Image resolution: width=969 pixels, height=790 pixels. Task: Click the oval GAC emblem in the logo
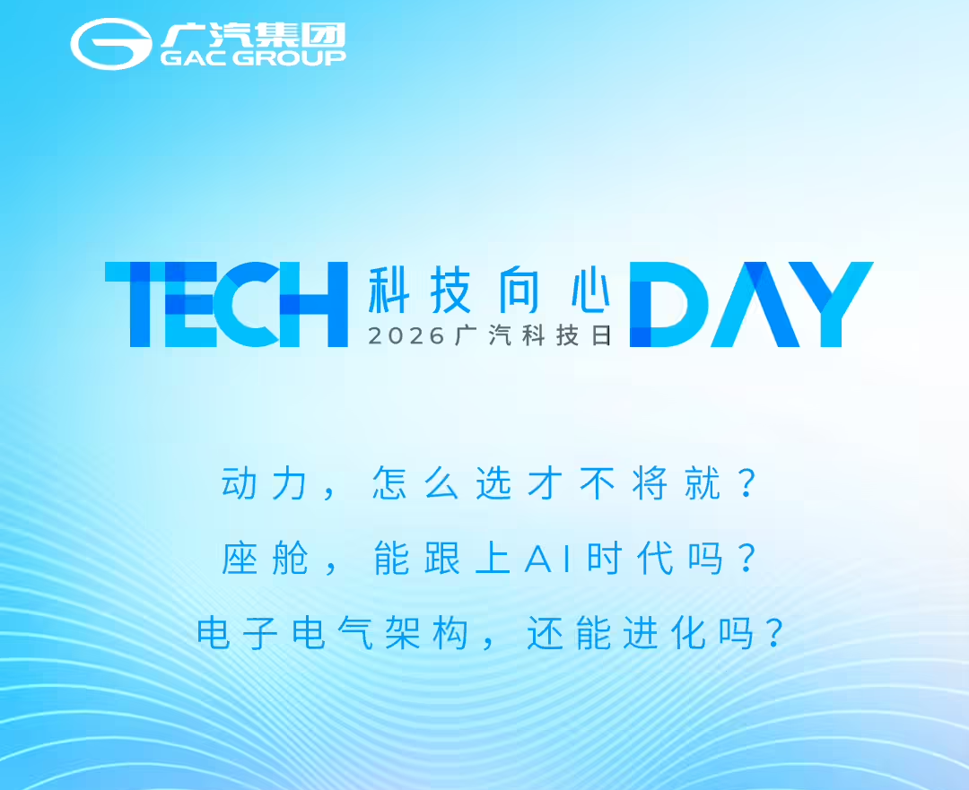click(111, 43)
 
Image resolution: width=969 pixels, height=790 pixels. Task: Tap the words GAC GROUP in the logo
click(253, 57)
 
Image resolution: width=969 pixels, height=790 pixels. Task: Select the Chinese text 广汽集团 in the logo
click(253, 35)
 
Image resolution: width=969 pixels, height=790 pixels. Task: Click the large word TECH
click(226, 304)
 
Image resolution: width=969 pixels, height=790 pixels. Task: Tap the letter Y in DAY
click(829, 304)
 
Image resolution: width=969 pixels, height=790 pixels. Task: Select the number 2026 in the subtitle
click(406, 335)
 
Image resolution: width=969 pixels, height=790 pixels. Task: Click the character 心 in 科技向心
click(589, 289)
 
